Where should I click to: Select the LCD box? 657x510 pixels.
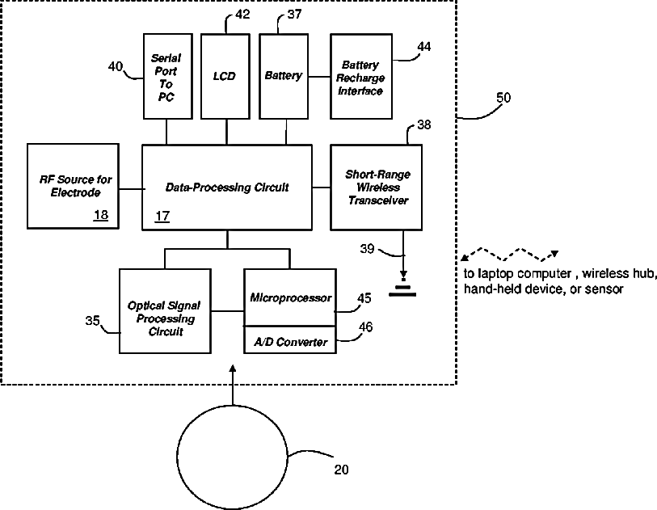click(x=225, y=76)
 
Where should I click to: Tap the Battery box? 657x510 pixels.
click(x=283, y=76)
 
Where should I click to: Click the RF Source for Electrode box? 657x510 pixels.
click(x=74, y=186)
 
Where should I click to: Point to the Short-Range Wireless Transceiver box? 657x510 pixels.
click(x=377, y=187)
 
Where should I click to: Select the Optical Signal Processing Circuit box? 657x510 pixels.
click(x=163, y=312)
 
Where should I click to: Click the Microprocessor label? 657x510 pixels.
click(x=290, y=298)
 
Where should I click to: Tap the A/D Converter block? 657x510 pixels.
click(x=290, y=342)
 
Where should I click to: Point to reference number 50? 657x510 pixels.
click(x=503, y=98)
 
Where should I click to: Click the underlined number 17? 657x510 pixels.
click(x=162, y=216)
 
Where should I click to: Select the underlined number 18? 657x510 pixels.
click(x=101, y=215)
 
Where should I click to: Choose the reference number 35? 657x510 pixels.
click(x=93, y=321)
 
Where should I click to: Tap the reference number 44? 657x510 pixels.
click(x=423, y=47)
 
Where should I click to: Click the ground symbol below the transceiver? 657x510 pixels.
click(x=402, y=289)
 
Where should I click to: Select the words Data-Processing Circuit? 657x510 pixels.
click(x=227, y=188)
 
